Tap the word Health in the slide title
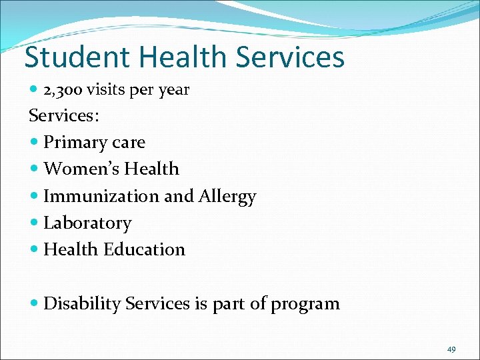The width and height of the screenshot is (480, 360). pyautogui.click(x=174, y=57)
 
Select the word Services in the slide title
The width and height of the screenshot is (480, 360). pyautogui.click(x=290, y=57)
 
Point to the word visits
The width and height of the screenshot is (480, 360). pyautogui.click(x=109, y=89)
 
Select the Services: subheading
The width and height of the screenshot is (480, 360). pyautogui.click(x=64, y=115)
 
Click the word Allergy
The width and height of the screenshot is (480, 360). pyautogui.click(x=227, y=197)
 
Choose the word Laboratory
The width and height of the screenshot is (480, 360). pyautogui.click(x=87, y=223)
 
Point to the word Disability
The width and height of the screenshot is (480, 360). pyautogui.click(x=81, y=304)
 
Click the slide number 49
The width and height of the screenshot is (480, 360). pyautogui.click(x=451, y=349)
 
